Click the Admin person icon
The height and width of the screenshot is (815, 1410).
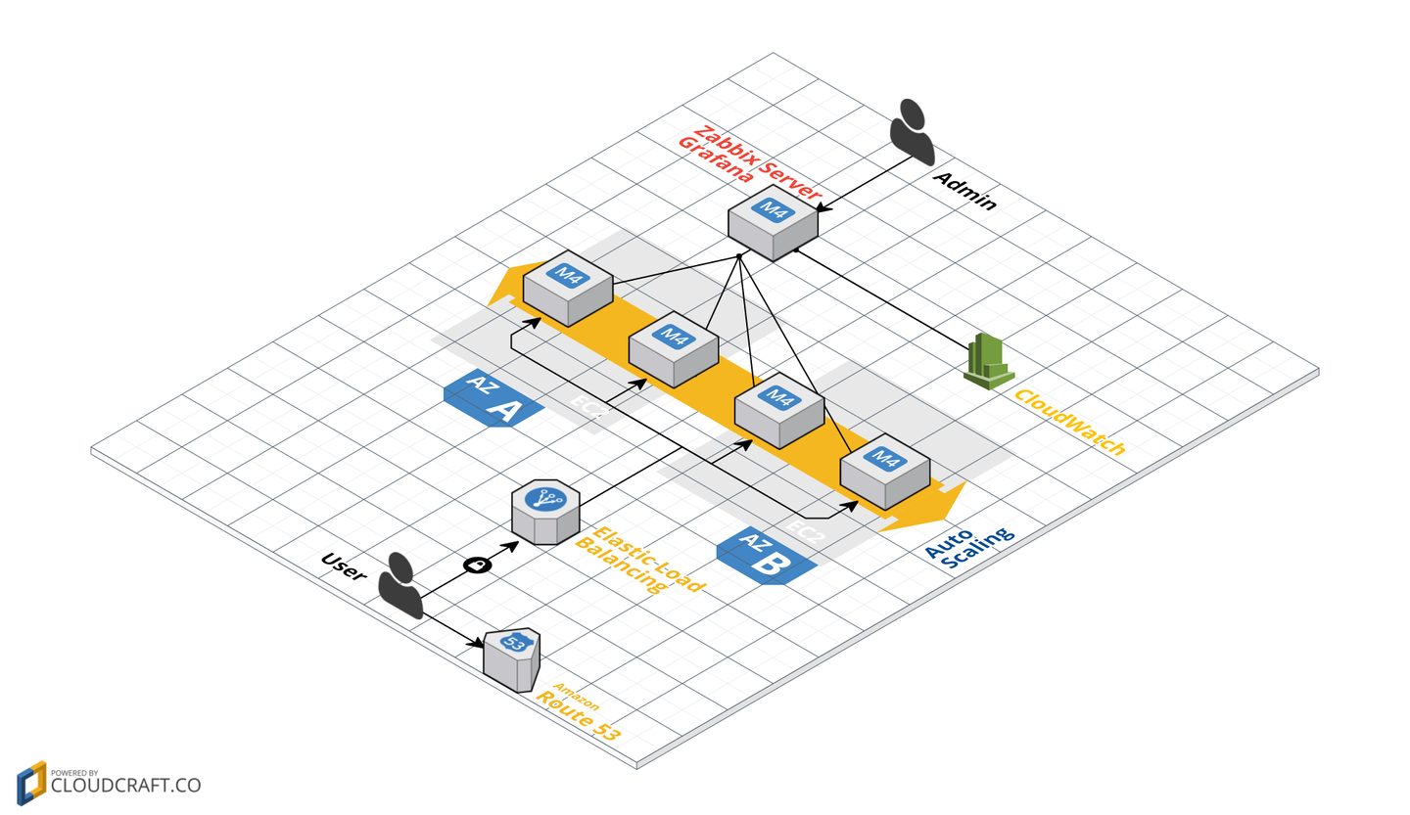coord(912,131)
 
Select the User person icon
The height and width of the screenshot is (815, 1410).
coord(400,585)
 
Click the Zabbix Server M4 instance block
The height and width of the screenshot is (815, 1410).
coord(773,226)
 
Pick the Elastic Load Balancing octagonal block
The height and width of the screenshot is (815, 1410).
coord(545,512)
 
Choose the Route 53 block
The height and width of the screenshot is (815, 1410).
coord(512,658)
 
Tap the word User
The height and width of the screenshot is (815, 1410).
coord(344,567)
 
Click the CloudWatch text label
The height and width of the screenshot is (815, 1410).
coord(1069,422)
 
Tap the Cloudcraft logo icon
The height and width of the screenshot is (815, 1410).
coord(31,783)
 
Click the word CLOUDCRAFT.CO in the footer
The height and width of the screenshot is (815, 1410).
coord(125,786)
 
